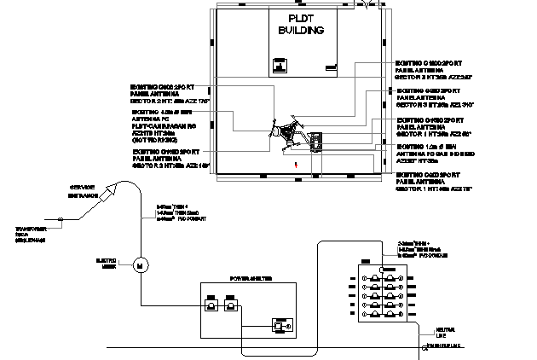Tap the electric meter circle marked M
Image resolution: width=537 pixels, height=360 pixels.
click(139, 265)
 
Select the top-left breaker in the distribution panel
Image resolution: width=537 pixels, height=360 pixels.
click(376, 277)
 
